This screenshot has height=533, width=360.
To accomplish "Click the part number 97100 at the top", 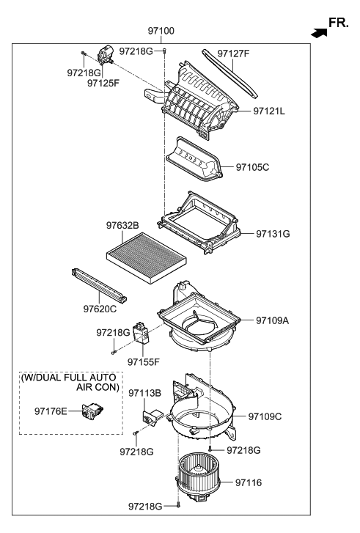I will click(x=161, y=32).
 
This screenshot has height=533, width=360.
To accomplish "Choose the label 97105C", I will click(x=253, y=167).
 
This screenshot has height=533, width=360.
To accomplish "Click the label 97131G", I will click(x=273, y=233).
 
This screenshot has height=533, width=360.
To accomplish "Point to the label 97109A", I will click(x=273, y=320).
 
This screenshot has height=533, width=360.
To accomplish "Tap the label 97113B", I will click(x=144, y=393).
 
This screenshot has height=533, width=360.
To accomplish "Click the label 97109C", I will click(x=265, y=416).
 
